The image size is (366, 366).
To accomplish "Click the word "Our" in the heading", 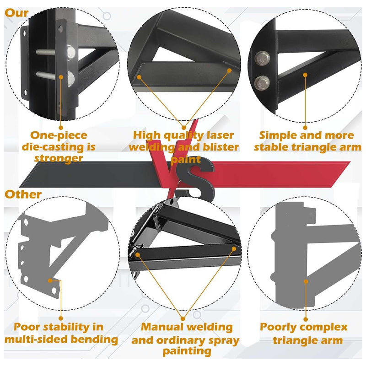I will tap(17, 13).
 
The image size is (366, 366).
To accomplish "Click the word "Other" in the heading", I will tap(23, 194).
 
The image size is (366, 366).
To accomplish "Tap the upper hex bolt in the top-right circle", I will tap(262, 58).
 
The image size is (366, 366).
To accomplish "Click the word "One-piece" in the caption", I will tap(58, 135).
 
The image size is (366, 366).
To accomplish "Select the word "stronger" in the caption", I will tap(58, 158).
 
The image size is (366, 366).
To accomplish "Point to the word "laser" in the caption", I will tap(219, 135).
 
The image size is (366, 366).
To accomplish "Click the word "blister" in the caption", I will tap(220, 147).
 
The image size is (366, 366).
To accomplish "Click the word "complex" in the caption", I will tap(327, 327).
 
